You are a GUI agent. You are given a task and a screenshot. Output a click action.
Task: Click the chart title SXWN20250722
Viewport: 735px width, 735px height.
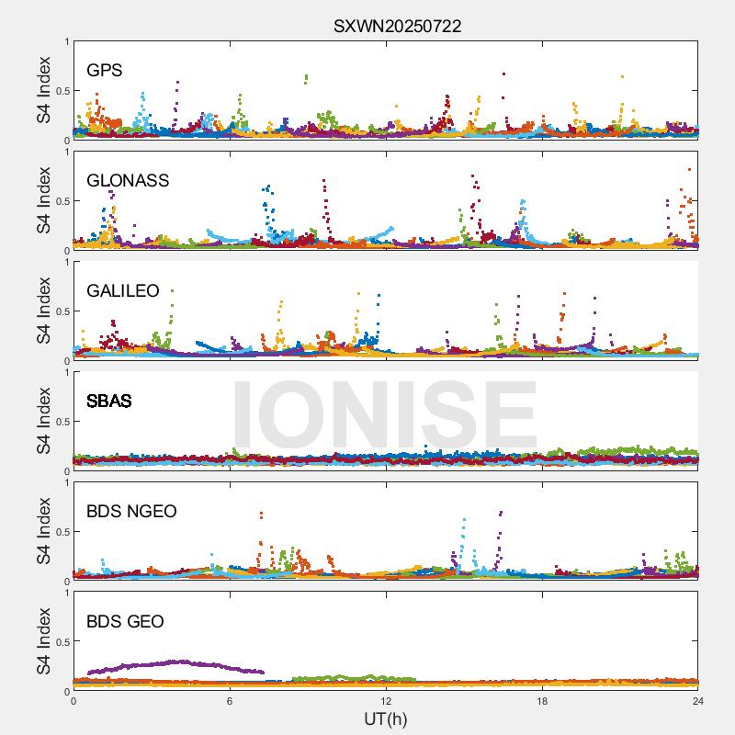(397, 27)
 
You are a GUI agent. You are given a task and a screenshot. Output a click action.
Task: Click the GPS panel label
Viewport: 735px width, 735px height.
(105, 70)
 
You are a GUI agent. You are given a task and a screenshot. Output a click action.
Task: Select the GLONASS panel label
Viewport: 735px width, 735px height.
(128, 180)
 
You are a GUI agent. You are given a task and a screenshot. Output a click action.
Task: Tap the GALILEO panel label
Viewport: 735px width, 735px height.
(122, 290)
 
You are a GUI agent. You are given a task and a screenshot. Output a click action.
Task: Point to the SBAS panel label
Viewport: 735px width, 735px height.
(108, 401)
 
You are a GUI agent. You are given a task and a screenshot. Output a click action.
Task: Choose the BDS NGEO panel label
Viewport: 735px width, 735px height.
(131, 511)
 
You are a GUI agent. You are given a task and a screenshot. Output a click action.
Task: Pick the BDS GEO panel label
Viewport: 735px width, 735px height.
(125, 621)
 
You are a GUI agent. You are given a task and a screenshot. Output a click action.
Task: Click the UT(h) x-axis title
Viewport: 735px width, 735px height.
(385, 718)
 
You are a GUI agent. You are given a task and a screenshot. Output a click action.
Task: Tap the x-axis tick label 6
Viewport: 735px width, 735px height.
(230, 701)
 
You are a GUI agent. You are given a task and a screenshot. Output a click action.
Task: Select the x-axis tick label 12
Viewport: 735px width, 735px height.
(386, 701)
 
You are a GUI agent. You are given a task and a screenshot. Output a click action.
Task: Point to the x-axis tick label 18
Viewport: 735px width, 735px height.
(542, 701)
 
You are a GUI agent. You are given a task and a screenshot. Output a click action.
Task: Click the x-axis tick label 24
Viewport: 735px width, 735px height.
(697, 701)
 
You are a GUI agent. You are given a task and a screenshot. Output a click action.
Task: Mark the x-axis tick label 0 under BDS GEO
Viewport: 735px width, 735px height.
(73, 701)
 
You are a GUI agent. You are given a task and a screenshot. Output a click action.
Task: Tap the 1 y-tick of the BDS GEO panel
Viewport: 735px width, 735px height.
(66, 593)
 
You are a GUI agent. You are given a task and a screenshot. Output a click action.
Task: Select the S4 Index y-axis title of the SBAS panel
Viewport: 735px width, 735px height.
(43, 422)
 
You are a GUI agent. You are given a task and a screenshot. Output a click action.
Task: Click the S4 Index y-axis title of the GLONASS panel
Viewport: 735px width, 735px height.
(43, 201)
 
